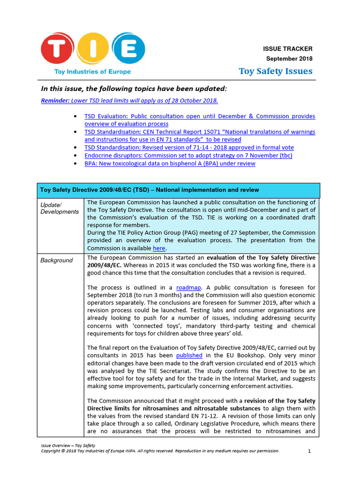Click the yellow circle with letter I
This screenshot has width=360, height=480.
[x=93, y=49]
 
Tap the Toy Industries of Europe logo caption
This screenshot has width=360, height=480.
[x=92, y=72]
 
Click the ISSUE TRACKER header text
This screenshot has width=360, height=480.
[x=287, y=49]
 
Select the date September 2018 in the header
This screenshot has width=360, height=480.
[x=289, y=59]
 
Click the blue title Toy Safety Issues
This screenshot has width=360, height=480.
[x=275, y=71]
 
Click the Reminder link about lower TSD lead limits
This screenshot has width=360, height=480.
[x=129, y=100]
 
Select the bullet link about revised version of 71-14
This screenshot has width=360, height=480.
[x=189, y=147]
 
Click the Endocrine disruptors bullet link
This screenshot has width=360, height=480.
[x=188, y=155]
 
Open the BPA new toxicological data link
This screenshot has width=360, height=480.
[x=170, y=163]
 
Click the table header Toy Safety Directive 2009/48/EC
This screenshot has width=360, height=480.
[x=149, y=190]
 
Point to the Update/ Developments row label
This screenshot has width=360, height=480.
[x=60, y=208]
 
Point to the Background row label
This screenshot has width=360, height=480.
[x=56, y=260]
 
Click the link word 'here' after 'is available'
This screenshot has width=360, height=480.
[x=159, y=248]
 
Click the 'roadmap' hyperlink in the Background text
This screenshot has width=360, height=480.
[x=187, y=287]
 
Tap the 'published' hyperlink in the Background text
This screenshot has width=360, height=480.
[x=189, y=356]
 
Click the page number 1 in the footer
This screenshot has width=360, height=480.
[x=309, y=451]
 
